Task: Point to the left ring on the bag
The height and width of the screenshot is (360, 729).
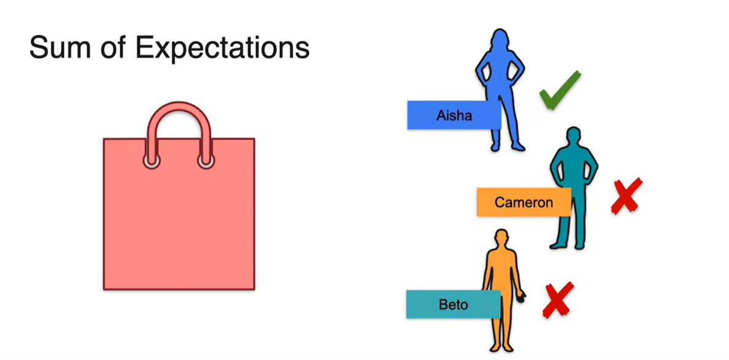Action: (x=152, y=161)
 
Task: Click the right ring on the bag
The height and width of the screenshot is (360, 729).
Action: (x=206, y=161)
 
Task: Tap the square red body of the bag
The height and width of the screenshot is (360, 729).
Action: (x=179, y=227)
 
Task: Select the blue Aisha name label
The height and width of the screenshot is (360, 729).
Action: (x=454, y=115)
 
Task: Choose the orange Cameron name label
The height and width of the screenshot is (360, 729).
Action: (x=523, y=202)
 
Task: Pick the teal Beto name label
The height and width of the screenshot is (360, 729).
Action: (x=453, y=304)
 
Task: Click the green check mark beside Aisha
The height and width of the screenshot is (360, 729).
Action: (x=560, y=91)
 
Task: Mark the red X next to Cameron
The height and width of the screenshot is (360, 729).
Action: (x=626, y=196)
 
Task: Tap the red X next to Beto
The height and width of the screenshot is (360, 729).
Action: (x=558, y=300)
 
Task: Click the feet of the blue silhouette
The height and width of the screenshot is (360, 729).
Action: (x=507, y=147)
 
